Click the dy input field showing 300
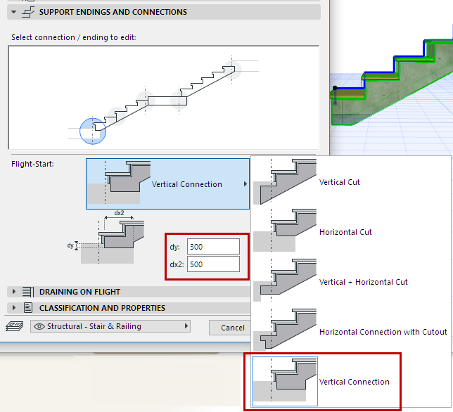213,247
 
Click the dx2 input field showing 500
213,264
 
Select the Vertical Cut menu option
340,182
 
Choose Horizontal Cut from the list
345,232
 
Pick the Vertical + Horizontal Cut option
364,282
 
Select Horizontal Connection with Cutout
383,332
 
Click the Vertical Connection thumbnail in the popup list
285,381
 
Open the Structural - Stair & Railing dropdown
110,326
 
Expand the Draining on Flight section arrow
13,292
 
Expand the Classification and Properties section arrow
13,308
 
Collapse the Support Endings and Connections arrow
13,12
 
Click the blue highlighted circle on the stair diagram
93,131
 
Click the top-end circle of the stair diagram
232,70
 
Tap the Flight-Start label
32,164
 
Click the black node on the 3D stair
335,88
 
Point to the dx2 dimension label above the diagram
119,213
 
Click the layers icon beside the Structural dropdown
15,326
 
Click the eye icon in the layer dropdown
39,326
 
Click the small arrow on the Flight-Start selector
245,184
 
